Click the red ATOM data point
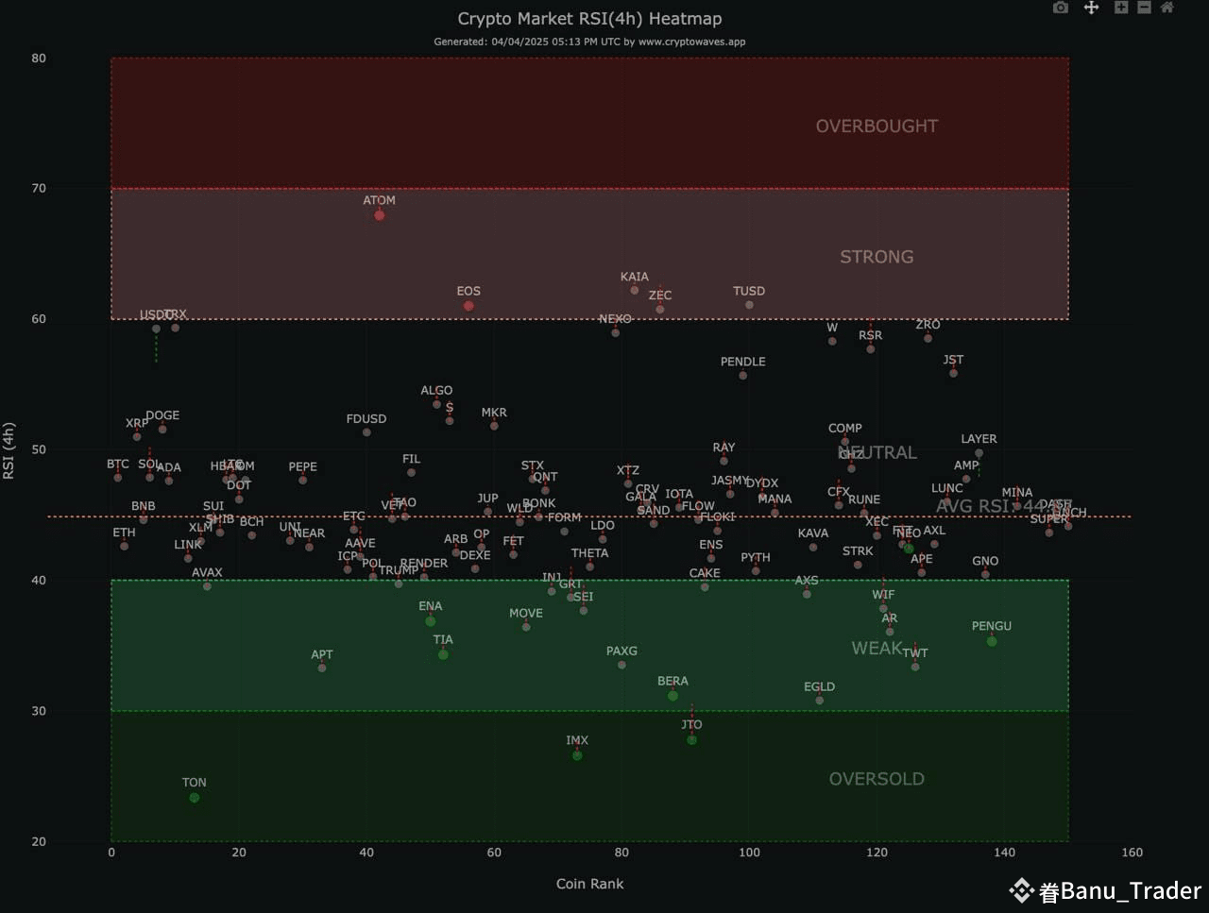380,215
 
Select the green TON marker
195,798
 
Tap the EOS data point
468,306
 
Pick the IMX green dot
577,755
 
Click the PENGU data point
992,642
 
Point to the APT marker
322,668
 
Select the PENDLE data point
743,376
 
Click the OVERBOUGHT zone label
877,127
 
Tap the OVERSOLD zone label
877,779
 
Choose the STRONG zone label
877,257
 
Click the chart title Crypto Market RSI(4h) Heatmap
589,19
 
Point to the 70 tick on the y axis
39,189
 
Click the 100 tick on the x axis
749,853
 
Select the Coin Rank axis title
589,884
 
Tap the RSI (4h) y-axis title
9,450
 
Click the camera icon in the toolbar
1061,8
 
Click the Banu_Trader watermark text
1131,890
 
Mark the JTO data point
692,740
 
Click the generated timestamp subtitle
589,42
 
